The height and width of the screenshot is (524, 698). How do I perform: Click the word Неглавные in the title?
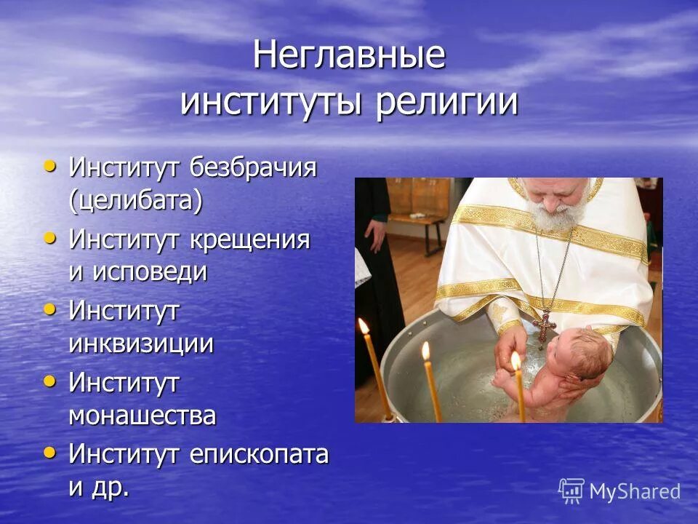tap(349, 57)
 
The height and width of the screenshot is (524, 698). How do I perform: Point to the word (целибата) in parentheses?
tap(136, 200)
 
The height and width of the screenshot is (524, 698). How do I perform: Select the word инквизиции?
tap(141, 344)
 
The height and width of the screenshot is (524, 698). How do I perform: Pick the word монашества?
tap(143, 416)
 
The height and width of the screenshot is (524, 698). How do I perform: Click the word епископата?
tap(259, 455)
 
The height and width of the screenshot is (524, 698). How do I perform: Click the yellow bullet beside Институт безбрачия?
tap(49, 166)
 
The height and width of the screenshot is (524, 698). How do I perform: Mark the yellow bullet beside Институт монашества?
tap(49, 381)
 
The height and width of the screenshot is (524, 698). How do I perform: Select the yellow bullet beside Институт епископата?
tap(49, 453)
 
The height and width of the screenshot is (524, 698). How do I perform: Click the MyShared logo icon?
tap(571, 491)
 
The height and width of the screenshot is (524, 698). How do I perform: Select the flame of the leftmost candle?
tap(363, 325)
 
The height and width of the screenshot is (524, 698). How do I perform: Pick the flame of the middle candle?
tap(426, 351)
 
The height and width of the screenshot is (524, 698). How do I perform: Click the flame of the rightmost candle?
tap(516, 360)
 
